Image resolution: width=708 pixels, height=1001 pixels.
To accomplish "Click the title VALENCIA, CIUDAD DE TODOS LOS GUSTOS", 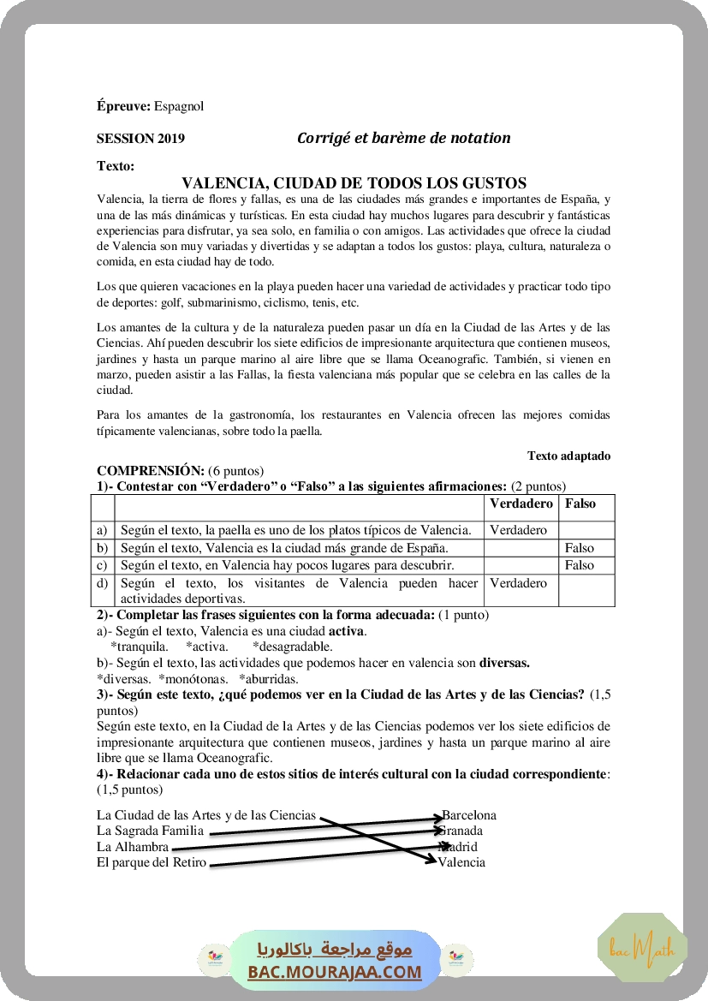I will tap(354, 182).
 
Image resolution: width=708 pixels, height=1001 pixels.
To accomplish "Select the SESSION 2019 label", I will tap(140, 138).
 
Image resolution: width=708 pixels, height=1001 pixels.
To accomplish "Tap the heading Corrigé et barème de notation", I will tap(403, 138).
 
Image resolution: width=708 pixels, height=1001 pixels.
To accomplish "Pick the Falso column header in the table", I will tap(580, 503).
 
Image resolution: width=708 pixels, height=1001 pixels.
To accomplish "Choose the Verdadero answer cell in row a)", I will tap(518, 530).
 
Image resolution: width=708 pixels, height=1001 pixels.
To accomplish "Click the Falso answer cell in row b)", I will tap(580, 548).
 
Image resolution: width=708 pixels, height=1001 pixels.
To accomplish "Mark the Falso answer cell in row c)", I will tap(580, 565).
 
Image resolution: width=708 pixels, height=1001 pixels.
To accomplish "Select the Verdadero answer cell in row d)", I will tap(518, 583).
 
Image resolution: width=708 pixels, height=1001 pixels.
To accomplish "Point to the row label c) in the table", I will tap(103, 565).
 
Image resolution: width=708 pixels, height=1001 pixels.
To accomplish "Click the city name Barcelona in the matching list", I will tap(469, 815).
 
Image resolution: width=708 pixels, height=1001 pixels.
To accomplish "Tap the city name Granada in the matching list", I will tap(462, 831).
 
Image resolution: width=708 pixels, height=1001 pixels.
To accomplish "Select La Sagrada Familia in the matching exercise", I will tap(151, 831).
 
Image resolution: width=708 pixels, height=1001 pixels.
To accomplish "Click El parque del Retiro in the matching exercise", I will tap(152, 862).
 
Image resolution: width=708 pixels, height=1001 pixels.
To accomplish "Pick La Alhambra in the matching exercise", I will tap(133, 847).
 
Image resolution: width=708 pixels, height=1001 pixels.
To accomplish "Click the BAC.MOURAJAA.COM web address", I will tap(335, 972).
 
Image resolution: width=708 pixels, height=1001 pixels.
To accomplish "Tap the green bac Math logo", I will tap(642, 948).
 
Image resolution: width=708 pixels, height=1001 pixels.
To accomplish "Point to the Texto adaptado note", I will tap(568, 456).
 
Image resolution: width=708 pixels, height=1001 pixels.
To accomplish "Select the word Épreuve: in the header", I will tap(123, 106).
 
